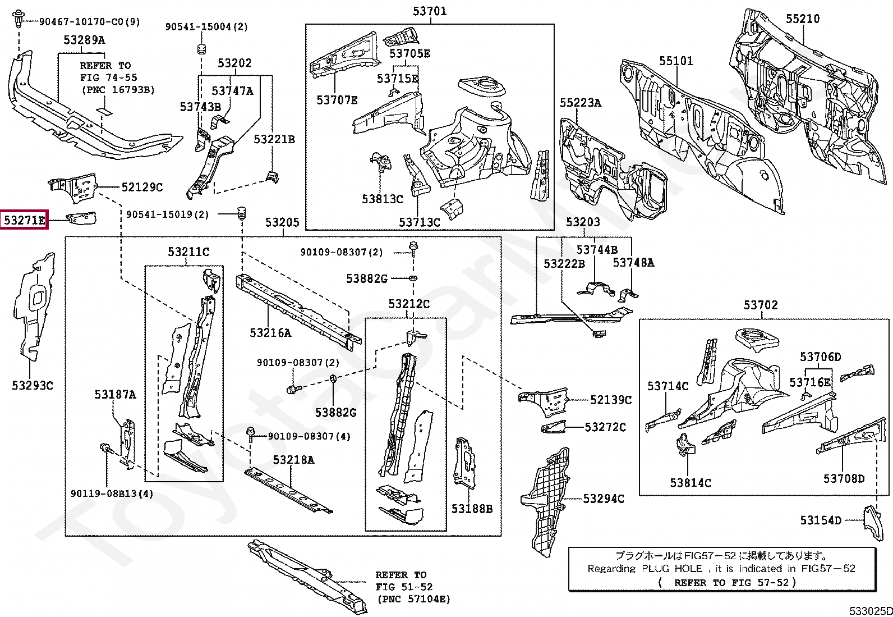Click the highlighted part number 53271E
[24, 220]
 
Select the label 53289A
[84, 40]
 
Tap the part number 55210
[803, 19]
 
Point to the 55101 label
[676, 61]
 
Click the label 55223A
[581, 103]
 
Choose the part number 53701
[430, 11]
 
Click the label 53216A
[270, 333]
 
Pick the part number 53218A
[293, 460]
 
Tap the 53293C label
[33, 386]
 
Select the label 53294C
[604, 499]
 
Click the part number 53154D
[821, 520]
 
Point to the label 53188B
[472, 509]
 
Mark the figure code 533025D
[871, 611]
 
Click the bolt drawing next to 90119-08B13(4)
[105, 449]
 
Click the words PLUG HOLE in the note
[672, 569]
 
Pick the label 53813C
[383, 199]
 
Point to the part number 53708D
[844, 478]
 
